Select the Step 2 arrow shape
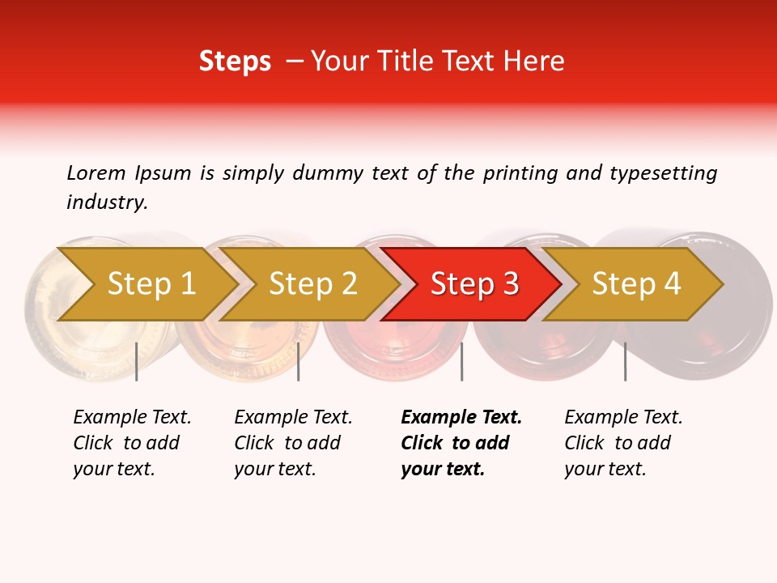pos(312,284)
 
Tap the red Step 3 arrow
pos(474,284)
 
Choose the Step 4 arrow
pos(636,284)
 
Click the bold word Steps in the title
pos(235,62)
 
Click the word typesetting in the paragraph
pos(662,173)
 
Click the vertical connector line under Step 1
pos(137,361)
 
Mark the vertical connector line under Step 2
pos(299,361)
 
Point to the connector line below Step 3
pos(461,361)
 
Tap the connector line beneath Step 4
pos(625,361)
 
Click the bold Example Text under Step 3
pos(461,418)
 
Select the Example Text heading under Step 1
pos(132,418)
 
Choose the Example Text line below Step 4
pos(623,418)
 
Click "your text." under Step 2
pos(274,469)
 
